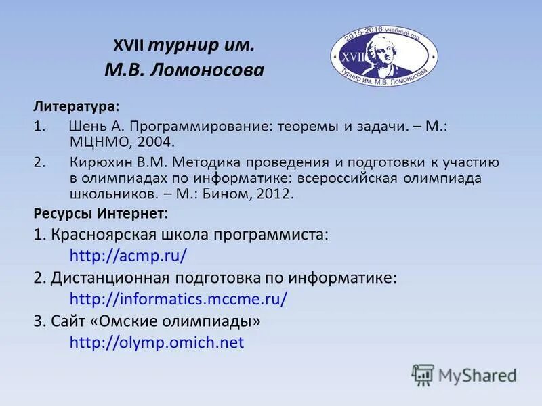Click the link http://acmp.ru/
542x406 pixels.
click(x=128, y=256)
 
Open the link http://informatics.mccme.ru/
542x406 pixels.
click(x=179, y=299)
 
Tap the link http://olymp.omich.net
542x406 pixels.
click(x=157, y=342)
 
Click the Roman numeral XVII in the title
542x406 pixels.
click(x=127, y=45)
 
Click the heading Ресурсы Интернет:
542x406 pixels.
click(x=101, y=213)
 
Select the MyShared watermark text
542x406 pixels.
click(x=477, y=376)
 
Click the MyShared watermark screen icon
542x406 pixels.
click(x=423, y=375)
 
